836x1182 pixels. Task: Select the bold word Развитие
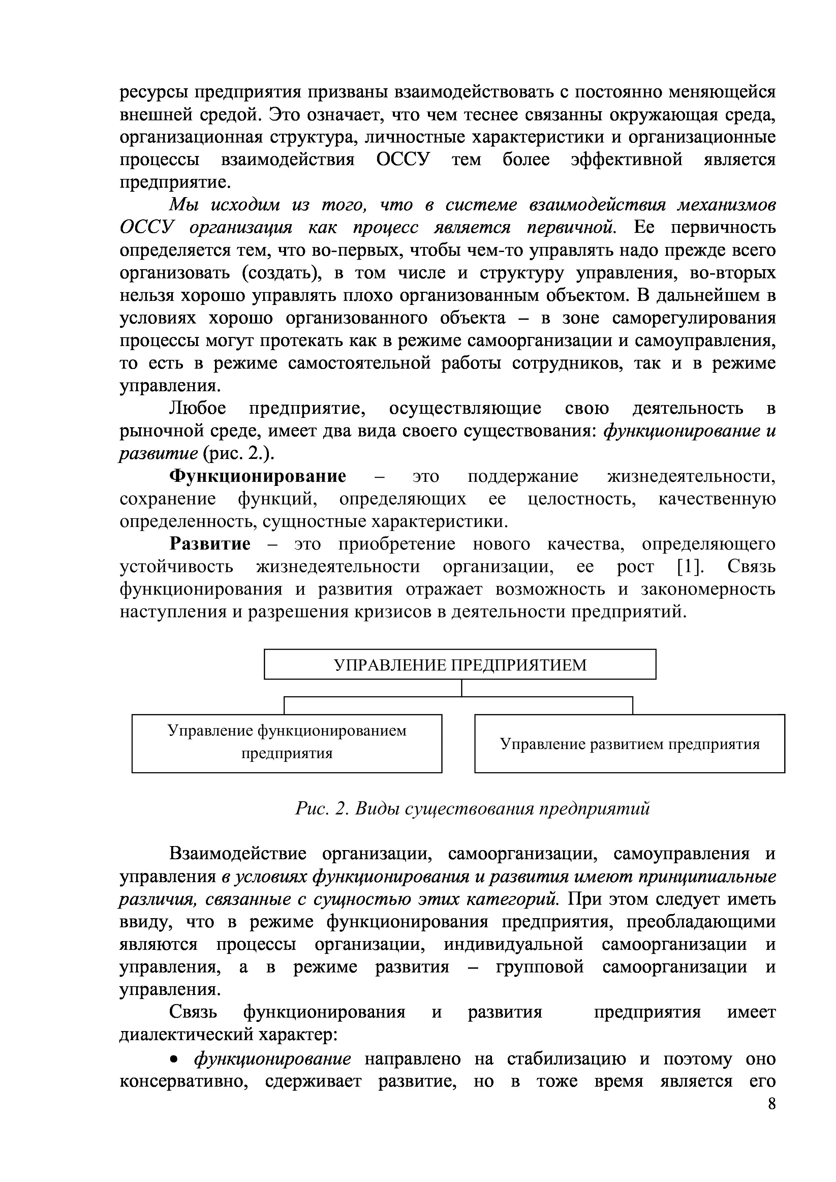[x=210, y=544]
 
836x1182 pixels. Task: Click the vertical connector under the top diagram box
[x=462, y=688]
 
